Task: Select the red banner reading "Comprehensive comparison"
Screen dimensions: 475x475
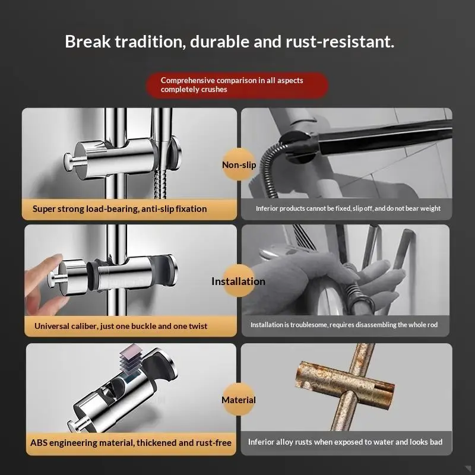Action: coord(237,85)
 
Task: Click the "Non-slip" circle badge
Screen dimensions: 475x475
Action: coord(239,164)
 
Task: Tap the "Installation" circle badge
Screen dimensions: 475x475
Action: coord(239,281)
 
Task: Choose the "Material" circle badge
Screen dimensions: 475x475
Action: coord(239,400)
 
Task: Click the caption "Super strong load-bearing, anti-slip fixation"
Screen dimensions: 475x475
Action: coord(120,209)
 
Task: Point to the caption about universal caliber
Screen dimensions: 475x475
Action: coord(121,326)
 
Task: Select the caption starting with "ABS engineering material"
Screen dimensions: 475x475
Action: coord(131,442)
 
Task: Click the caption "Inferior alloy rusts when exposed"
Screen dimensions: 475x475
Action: coord(345,442)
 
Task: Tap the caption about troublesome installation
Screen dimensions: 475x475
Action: coord(344,325)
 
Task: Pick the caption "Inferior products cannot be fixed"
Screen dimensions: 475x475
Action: coord(348,208)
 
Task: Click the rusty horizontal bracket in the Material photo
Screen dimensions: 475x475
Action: coord(345,385)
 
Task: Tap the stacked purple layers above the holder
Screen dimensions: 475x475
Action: coord(130,359)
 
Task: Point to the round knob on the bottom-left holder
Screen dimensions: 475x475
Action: coord(74,426)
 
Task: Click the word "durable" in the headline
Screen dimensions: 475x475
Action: coord(220,42)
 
